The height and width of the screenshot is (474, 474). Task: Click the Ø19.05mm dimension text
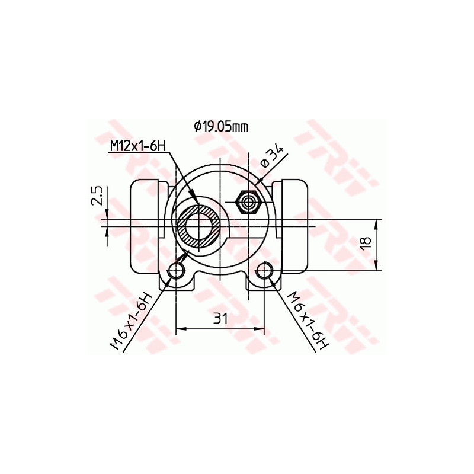pyautogui.click(x=220, y=126)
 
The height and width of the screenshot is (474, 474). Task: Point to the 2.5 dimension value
pyautogui.click(x=98, y=196)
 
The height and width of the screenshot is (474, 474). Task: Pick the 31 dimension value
pyautogui.click(x=220, y=319)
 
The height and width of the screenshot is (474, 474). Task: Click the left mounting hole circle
pyautogui.click(x=177, y=271)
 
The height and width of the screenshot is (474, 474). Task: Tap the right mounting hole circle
pyautogui.click(x=265, y=271)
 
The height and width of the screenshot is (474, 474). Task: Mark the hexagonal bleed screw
pyautogui.click(x=249, y=203)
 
